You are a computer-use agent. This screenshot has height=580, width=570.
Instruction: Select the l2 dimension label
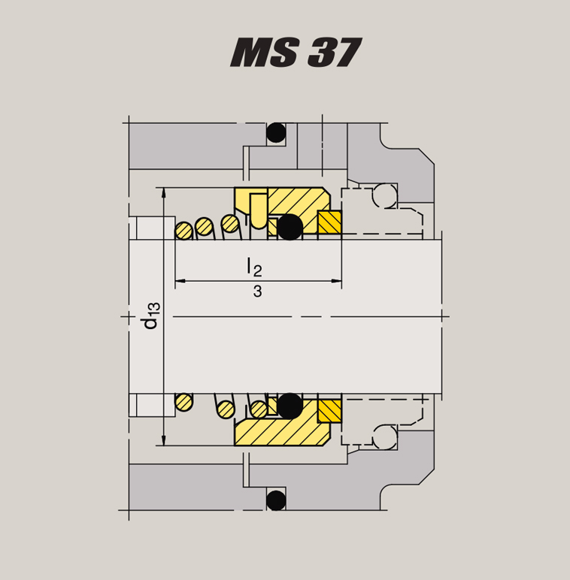[254, 266]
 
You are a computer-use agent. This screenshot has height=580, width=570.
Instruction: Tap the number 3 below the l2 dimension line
[257, 292]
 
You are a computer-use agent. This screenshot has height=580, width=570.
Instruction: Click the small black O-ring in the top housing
[277, 133]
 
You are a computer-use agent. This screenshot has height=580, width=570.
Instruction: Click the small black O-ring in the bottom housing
[277, 499]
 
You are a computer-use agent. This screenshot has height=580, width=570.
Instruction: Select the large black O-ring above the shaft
[290, 227]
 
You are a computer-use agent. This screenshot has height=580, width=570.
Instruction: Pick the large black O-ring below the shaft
[290, 406]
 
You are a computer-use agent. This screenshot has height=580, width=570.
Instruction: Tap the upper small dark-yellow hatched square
[329, 222]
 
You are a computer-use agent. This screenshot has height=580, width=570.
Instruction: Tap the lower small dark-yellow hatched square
[329, 411]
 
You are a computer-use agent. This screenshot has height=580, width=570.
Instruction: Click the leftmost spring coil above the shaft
[183, 230]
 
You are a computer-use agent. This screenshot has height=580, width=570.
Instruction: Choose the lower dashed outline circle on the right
[386, 437]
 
